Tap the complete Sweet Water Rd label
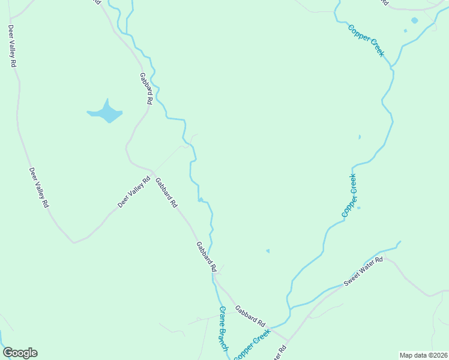[363, 272]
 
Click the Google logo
[20, 353]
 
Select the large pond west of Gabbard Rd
[106, 112]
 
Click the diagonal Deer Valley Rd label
[133, 192]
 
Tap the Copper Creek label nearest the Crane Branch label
[253, 346]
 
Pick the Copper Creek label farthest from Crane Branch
[366, 40]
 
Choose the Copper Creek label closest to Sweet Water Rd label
[349, 195]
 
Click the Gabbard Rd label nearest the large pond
[145, 89]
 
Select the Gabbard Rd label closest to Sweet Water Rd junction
[250, 316]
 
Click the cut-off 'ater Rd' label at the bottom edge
[280, 353]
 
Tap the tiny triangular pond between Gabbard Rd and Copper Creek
[268, 251]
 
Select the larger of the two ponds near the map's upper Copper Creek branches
[414, 20]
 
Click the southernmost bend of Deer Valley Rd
[74, 242]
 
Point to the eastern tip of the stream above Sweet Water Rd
[400, 242]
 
